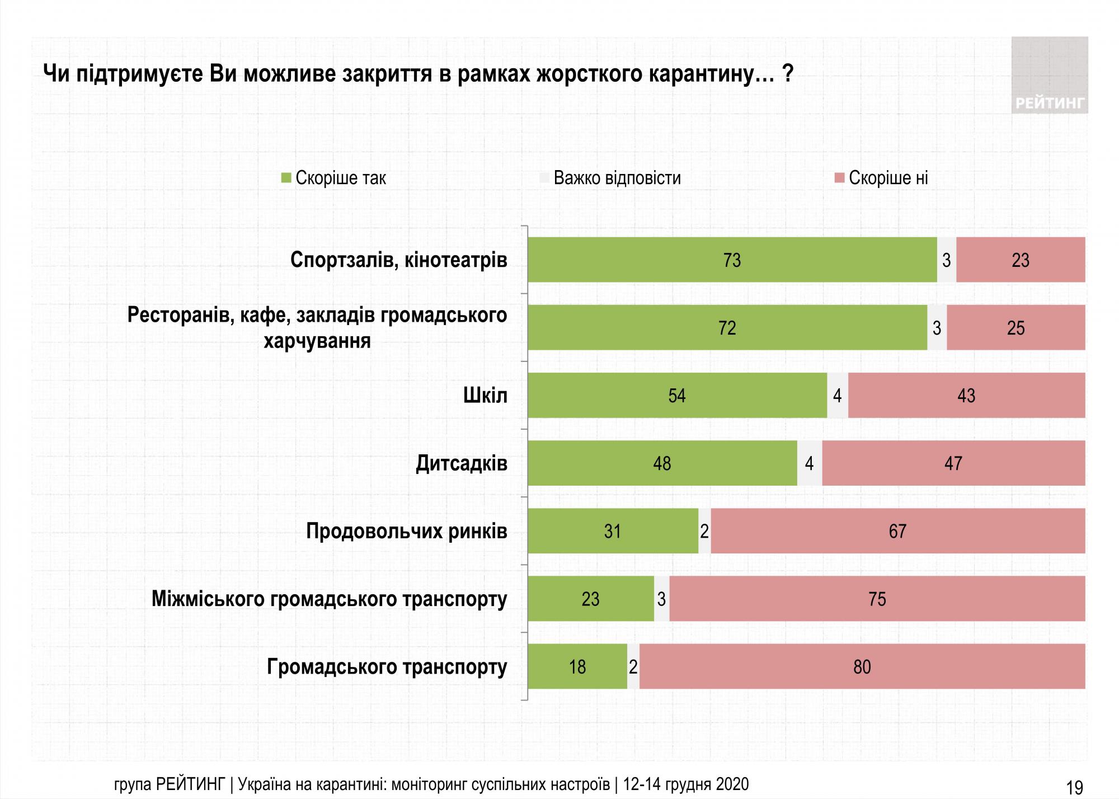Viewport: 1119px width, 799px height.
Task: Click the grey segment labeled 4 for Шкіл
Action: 838,396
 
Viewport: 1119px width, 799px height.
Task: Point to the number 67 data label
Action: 897,531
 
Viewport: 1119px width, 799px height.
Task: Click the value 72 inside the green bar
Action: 727,328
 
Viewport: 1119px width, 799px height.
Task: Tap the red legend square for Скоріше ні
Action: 839,178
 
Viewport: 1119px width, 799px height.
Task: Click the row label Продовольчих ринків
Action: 407,531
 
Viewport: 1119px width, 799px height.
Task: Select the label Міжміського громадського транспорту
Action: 329,599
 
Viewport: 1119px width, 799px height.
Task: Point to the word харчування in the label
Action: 317,341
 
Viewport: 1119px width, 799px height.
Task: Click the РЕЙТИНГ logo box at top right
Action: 1049,76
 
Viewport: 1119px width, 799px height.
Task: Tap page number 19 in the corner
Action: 1075,787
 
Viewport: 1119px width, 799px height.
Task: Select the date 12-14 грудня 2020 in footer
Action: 685,784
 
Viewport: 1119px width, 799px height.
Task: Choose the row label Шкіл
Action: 485,396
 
